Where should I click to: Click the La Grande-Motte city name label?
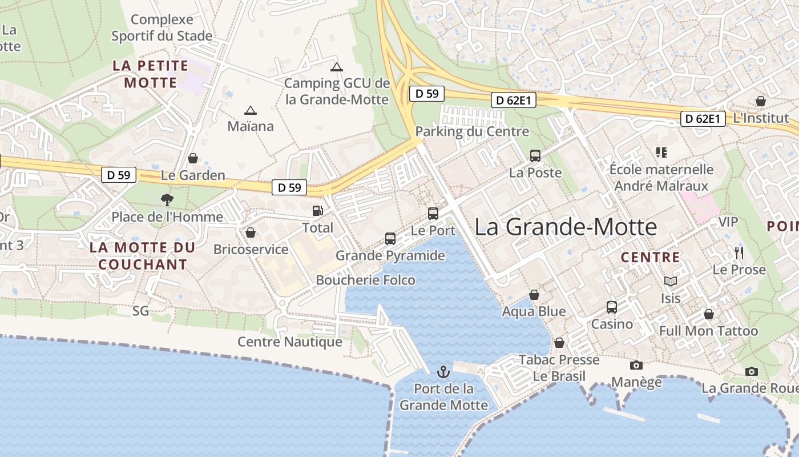pos(566,227)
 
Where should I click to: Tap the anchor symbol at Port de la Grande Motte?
pos(443,372)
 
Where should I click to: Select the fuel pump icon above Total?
pos(317,210)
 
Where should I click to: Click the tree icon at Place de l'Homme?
pos(167,199)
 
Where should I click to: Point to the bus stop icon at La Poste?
pos(535,155)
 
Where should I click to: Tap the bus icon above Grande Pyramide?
pos(390,238)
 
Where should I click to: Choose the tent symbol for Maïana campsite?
pos(250,110)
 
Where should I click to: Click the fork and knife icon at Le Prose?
pos(739,252)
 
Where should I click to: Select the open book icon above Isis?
pos(671,281)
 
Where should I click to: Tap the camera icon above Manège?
pos(636,365)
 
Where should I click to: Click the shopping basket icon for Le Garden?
pos(193,158)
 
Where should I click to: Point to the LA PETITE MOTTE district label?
pos(151,74)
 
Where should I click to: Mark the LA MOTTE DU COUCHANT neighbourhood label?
pos(143,256)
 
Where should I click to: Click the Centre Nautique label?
pos(290,342)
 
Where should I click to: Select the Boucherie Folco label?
pos(366,280)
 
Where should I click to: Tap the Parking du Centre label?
pos(472,131)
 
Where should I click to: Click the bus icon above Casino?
pos(612,307)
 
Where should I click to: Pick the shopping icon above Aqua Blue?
pos(534,295)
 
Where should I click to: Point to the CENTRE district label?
pos(651,257)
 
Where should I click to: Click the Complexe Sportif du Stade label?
pos(162,27)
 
